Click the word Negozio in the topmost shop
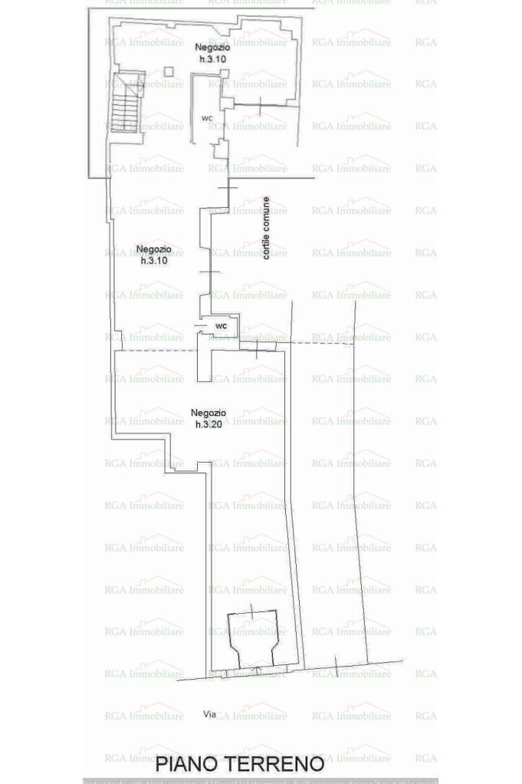[x=210, y=48]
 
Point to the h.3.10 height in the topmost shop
[x=209, y=59]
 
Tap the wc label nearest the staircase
[x=206, y=118]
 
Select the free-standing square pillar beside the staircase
[x=169, y=73]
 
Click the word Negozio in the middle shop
[x=153, y=249]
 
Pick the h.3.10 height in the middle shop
[x=153, y=261]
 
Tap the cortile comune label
[x=266, y=228]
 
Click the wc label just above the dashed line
[x=221, y=326]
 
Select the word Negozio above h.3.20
[x=208, y=413]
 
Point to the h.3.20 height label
[x=208, y=424]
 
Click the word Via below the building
[x=209, y=714]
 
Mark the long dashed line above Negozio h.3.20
[x=157, y=351]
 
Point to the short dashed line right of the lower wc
[x=322, y=343]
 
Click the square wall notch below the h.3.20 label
[x=202, y=464]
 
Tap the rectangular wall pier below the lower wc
[x=203, y=361]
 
